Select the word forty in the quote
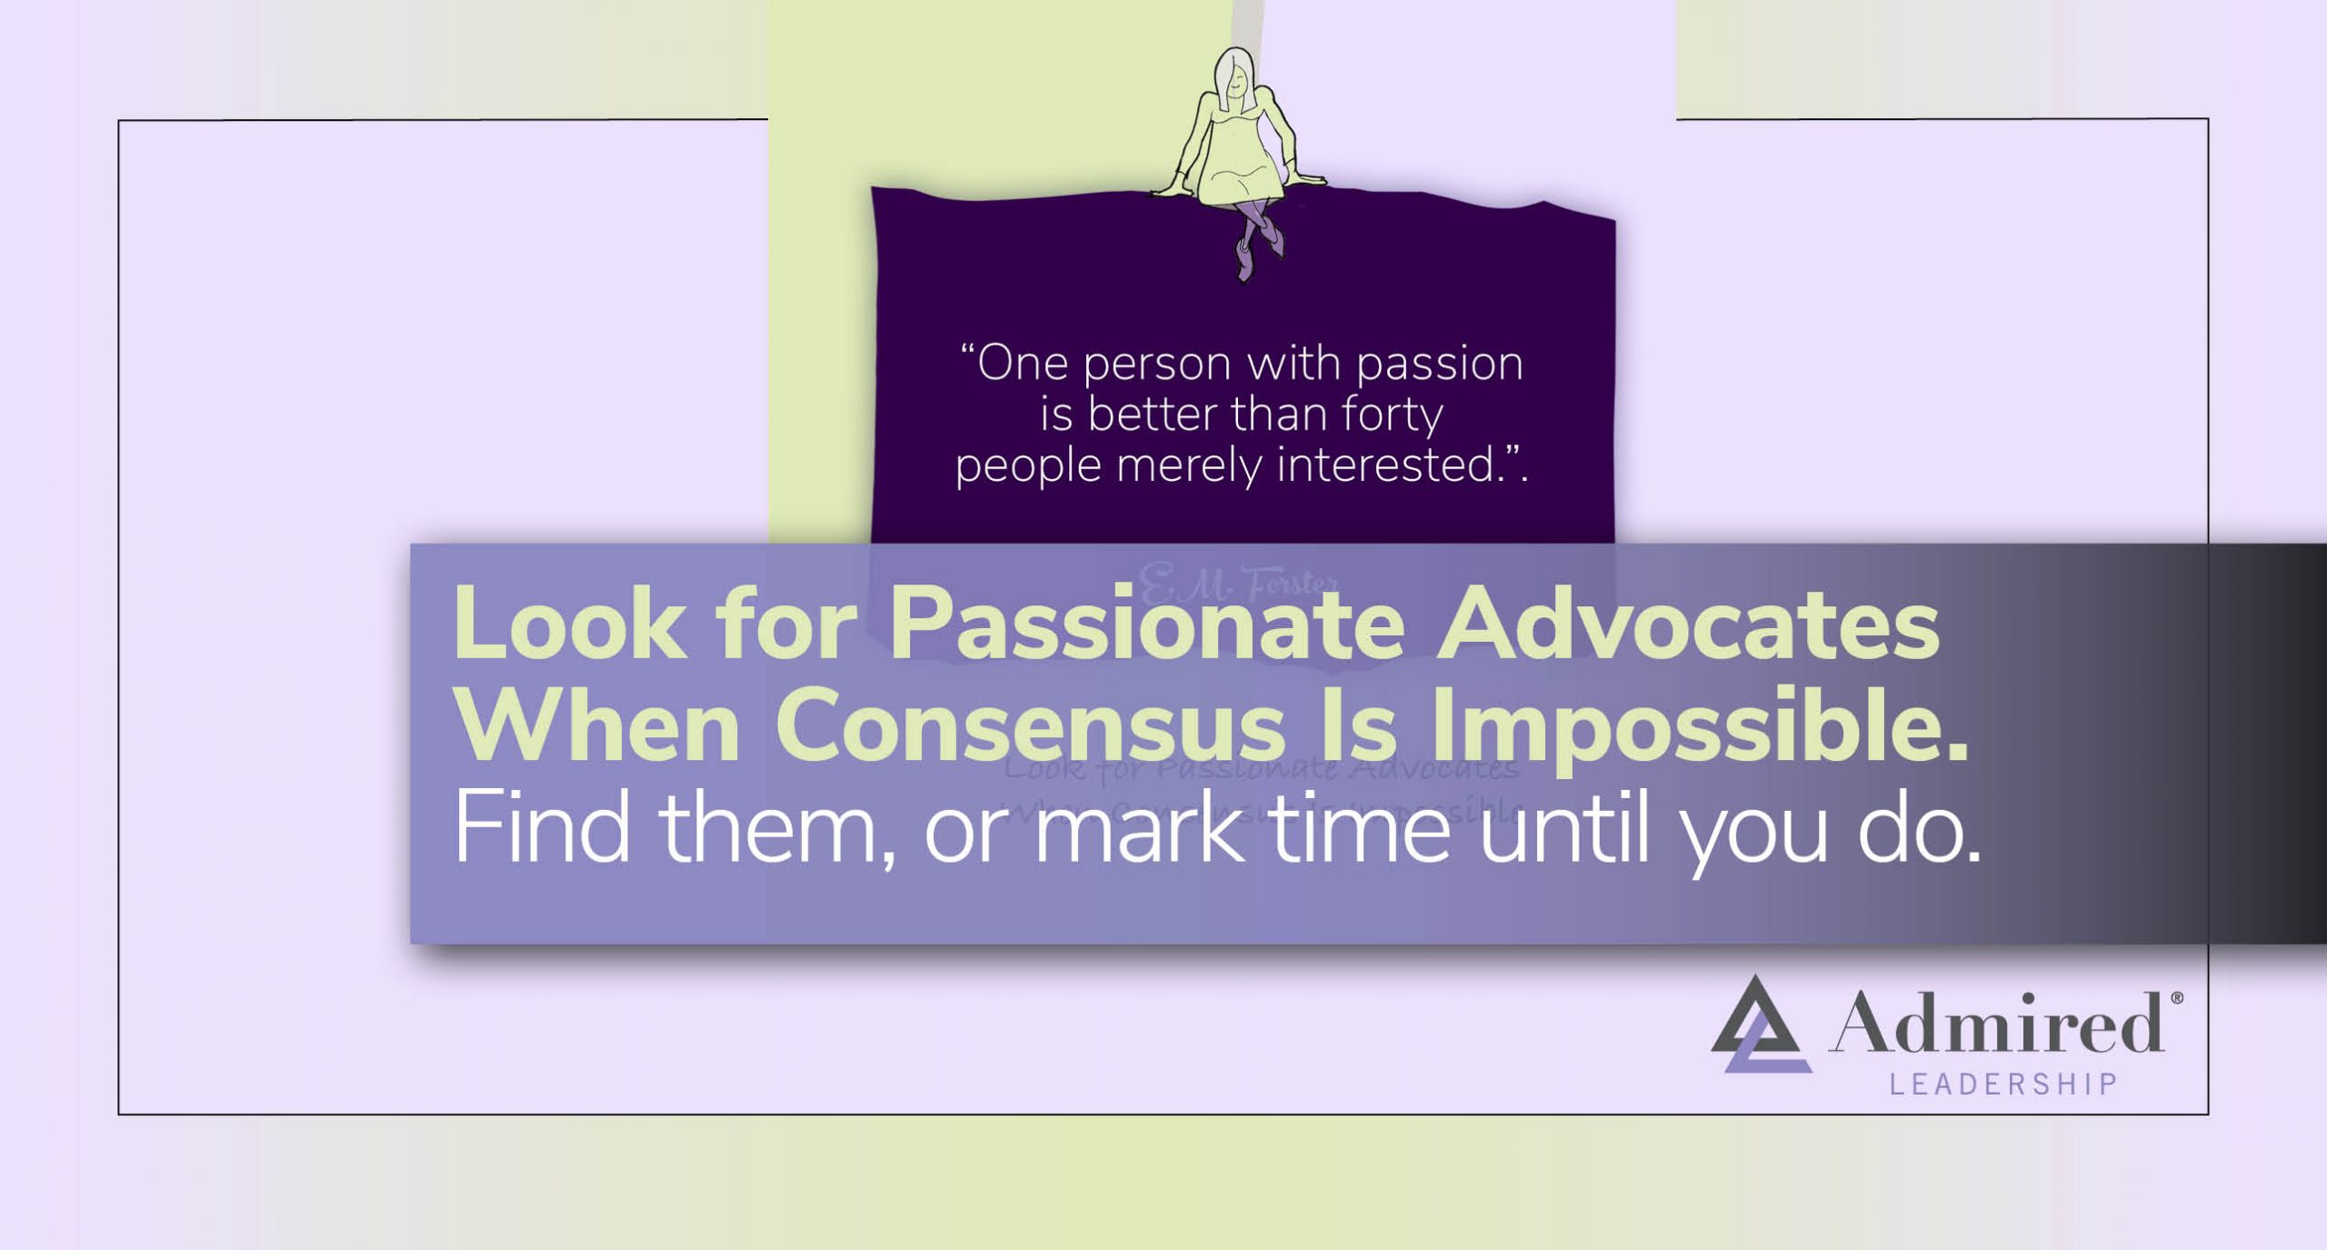click(x=1392, y=416)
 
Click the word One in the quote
click(x=1022, y=364)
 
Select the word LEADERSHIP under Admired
click(x=2003, y=1085)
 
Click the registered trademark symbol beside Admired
click(x=2176, y=998)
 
